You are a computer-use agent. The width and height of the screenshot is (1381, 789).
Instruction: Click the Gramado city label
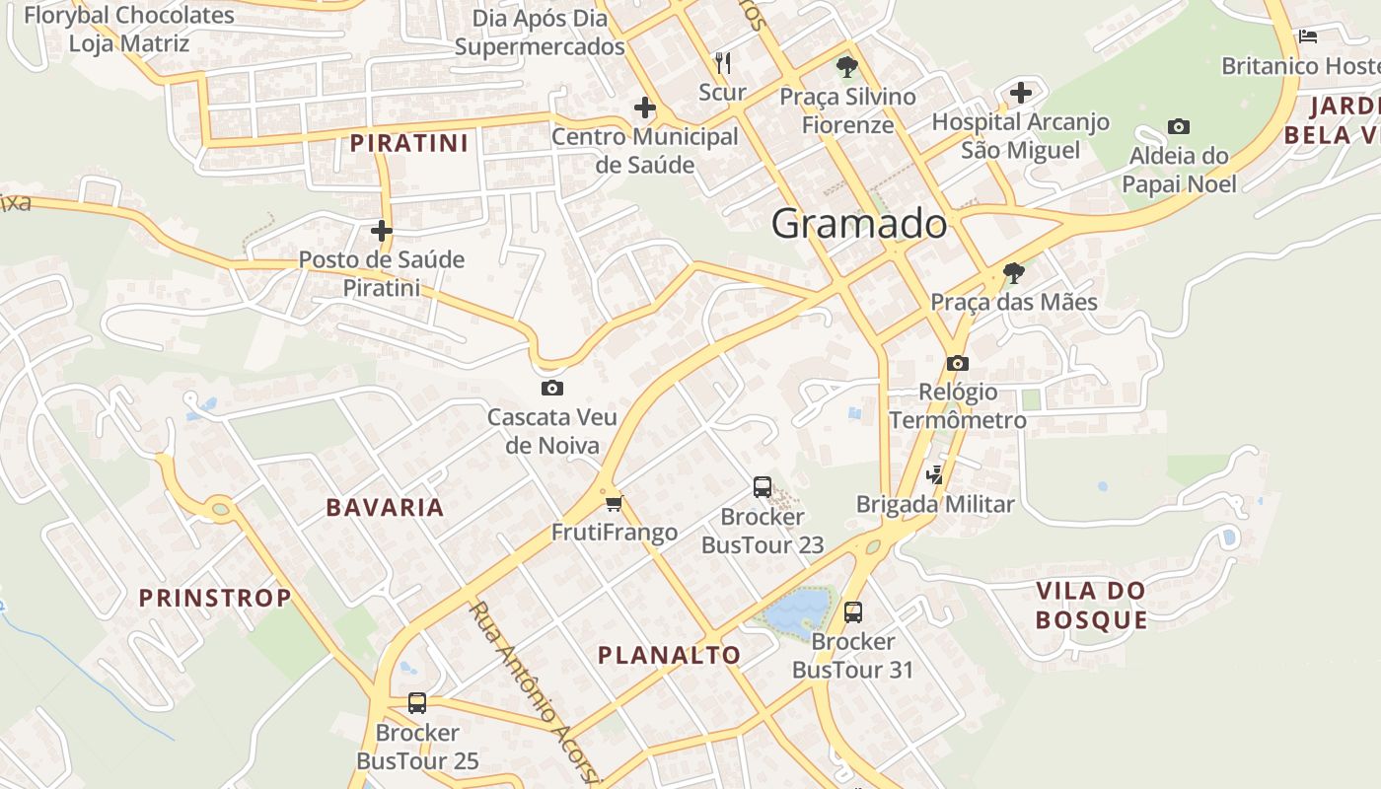click(x=859, y=224)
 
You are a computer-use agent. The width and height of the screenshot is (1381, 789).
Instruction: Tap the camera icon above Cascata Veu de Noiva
click(x=552, y=388)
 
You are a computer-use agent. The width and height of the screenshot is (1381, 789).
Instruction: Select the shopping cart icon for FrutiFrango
click(x=614, y=504)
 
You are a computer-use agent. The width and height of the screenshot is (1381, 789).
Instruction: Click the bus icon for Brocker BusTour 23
click(x=763, y=486)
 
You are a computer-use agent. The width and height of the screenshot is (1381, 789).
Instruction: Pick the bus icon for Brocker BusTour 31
click(x=853, y=611)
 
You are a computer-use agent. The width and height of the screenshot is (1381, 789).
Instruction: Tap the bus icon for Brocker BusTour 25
click(x=417, y=703)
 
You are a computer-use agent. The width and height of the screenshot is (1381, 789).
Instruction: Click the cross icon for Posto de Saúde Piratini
click(x=382, y=231)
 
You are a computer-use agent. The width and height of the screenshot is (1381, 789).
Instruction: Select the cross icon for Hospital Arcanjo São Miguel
click(x=1021, y=93)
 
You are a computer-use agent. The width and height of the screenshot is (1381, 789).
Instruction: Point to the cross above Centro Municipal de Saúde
click(x=645, y=108)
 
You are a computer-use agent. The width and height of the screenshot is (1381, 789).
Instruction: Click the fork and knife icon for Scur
click(x=723, y=63)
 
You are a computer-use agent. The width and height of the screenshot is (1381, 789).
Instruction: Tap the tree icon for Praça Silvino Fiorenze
click(x=846, y=68)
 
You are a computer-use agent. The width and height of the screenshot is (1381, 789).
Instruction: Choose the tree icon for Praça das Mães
click(x=1013, y=273)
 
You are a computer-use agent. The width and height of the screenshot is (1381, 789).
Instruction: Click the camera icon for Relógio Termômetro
click(x=957, y=363)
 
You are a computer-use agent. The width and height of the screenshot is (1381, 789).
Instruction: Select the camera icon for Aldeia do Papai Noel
click(x=1178, y=126)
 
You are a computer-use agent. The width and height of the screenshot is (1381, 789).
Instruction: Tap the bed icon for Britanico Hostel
click(x=1308, y=36)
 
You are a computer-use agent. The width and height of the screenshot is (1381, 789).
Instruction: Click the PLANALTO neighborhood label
click(x=669, y=655)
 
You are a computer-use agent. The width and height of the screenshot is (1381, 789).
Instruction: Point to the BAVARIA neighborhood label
click(x=385, y=508)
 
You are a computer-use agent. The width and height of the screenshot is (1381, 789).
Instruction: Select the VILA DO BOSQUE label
click(x=1091, y=605)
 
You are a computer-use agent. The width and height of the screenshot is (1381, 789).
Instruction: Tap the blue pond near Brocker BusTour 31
click(x=797, y=610)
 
